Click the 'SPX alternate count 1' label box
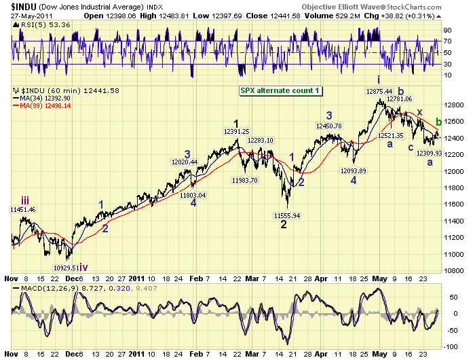[280, 90]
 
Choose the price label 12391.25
[237, 132]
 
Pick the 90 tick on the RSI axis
[449, 31]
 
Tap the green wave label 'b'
[438, 122]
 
